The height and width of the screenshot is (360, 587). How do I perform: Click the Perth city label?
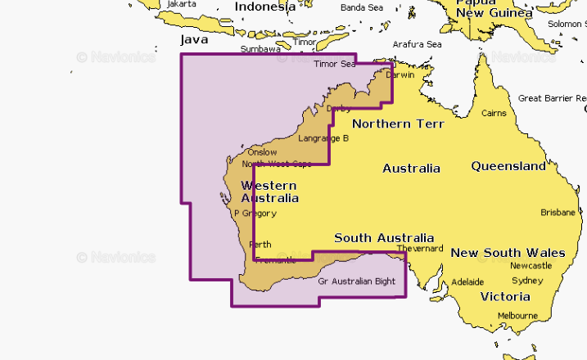pyautogui.click(x=260, y=245)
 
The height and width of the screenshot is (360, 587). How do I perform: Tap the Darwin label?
pyautogui.click(x=400, y=74)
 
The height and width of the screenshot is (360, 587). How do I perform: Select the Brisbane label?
pyautogui.click(x=558, y=213)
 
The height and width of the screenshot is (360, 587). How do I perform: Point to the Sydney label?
pyautogui.click(x=527, y=281)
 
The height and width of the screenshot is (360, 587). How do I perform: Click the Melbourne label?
pyautogui.click(x=517, y=315)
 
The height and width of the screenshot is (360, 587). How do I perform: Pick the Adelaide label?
pyautogui.click(x=467, y=281)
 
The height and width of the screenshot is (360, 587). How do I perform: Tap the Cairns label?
pyautogui.click(x=494, y=113)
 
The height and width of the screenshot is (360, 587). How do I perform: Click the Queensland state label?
pyautogui.click(x=508, y=166)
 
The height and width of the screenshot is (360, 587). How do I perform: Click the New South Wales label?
pyautogui.click(x=508, y=253)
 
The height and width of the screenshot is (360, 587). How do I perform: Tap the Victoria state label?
pyautogui.click(x=505, y=296)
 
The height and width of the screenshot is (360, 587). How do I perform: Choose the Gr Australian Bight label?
pyautogui.click(x=356, y=282)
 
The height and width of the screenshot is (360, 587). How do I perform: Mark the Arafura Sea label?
pyautogui.click(x=417, y=44)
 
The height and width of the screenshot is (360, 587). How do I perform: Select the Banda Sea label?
pyautogui.click(x=361, y=7)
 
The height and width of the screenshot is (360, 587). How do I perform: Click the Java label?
pyautogui.click(x=194, y=39)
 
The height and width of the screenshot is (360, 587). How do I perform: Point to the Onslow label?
pyautogui.click(x=262, y=152)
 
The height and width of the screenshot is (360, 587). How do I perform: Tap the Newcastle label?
pyautogui.click(x=531, y=267)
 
